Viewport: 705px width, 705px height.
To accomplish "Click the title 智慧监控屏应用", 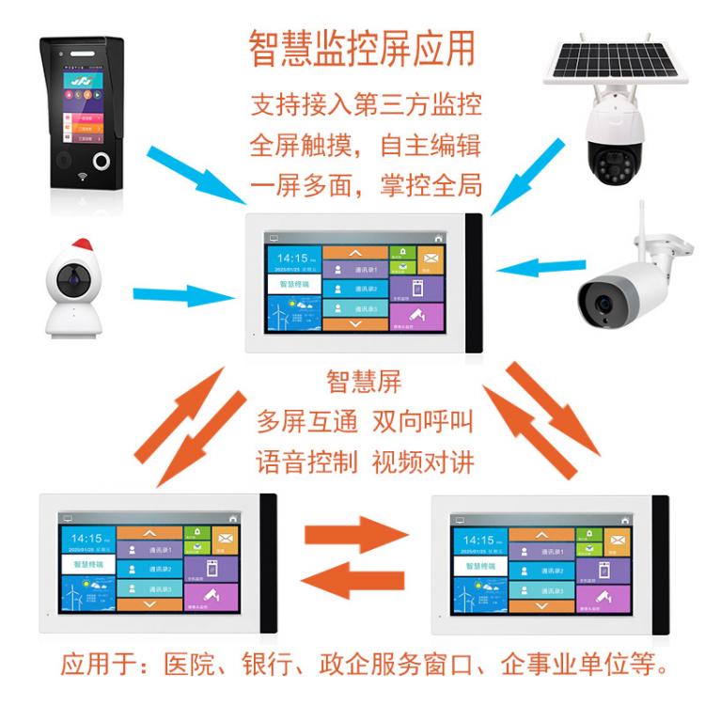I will (x=362, y=49).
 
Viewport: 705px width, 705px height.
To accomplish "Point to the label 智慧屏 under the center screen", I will (x=363, y=382).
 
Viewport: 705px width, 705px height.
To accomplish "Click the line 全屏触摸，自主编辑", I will (x=365, y=146).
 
